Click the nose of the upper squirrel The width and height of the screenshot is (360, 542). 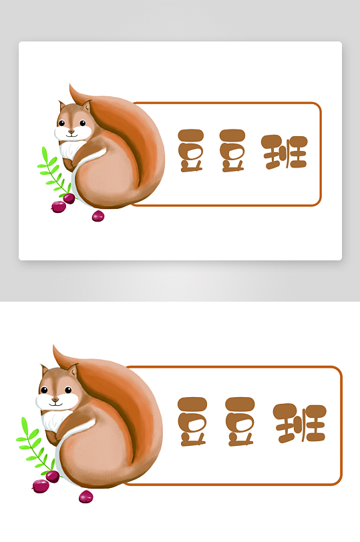[71, 131]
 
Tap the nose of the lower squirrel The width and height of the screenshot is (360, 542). [55, 399]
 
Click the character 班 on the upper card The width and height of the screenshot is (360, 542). [285, 152]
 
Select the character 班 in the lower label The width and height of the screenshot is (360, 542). [299, 423]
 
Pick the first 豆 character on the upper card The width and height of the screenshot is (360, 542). [190, 151]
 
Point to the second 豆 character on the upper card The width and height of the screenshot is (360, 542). [232, 151]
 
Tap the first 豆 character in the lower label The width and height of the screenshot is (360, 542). [192, 422]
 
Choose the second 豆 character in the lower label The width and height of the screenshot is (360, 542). [240, 422]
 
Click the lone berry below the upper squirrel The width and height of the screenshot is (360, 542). [98, 216]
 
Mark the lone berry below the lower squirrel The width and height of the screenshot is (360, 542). [85, 497]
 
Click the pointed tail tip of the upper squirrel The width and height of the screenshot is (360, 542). [70, 85]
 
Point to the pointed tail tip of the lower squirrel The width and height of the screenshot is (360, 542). [54, 346]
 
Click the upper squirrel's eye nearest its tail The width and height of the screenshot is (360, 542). [83, 123]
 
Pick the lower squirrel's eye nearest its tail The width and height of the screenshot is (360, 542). [68, 390]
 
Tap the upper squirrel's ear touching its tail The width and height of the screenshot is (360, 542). [86, 105]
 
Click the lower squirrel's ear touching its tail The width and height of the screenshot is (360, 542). [73, 370]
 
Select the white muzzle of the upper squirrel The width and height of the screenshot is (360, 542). [73, 133]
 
